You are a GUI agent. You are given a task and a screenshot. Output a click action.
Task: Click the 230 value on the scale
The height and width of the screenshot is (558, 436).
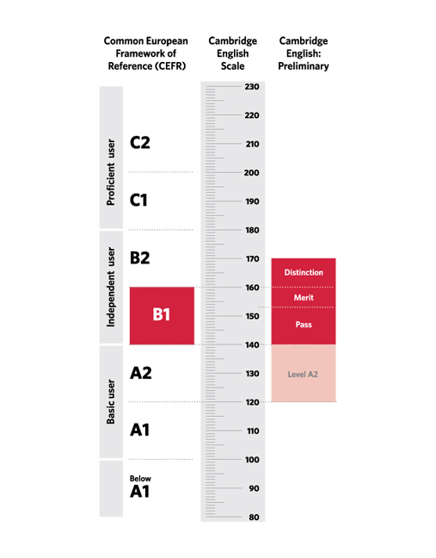click(252, 86)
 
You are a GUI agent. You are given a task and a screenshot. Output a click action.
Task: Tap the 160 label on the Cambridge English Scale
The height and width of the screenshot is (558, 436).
click(252, 288)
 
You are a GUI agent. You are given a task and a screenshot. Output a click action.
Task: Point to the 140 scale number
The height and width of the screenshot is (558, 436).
click(252, 344)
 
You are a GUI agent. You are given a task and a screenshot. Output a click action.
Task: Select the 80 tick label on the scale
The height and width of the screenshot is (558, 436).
click(254, 517)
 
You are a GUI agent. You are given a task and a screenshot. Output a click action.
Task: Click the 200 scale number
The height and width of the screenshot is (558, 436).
click(252, 172)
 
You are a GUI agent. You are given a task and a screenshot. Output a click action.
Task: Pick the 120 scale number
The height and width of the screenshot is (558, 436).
click(252, 402)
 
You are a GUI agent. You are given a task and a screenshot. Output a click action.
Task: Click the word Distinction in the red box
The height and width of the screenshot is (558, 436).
click(304, 273)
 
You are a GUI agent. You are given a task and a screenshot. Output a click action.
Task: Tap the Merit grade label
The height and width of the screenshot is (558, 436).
click(304, 297)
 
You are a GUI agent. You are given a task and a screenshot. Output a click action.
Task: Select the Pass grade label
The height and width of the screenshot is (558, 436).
click(304, 325)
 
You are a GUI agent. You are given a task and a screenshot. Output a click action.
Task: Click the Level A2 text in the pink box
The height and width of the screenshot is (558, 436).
click(303, 375)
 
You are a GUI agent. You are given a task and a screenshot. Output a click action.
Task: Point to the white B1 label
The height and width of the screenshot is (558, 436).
click(162, 314)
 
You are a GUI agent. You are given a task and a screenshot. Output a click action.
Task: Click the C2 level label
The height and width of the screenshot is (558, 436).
click(140, 143)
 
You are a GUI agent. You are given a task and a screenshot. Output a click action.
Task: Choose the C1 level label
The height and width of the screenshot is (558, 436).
click(138, 200)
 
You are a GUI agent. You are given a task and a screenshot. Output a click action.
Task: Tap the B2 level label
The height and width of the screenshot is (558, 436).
click(140, 257)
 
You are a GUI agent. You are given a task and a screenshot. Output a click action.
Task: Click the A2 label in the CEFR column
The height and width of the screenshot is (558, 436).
click(141, 373)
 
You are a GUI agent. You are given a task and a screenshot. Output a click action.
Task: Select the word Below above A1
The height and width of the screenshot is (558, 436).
click(140, 479)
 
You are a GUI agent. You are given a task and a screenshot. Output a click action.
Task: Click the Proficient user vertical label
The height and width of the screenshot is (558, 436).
click(111, 172)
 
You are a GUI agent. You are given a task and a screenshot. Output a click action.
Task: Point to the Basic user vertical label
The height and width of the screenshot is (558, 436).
click(111, 402)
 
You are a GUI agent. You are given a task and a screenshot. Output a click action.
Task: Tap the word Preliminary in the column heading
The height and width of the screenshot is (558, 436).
click(304, 66)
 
